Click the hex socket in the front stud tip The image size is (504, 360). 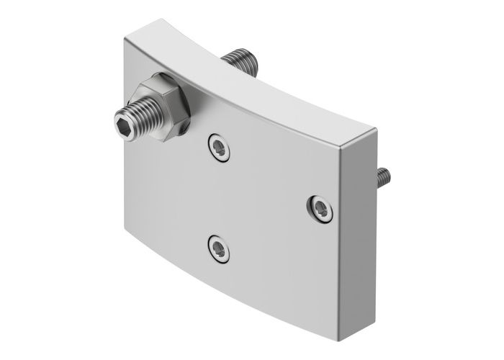tap(125, 125)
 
